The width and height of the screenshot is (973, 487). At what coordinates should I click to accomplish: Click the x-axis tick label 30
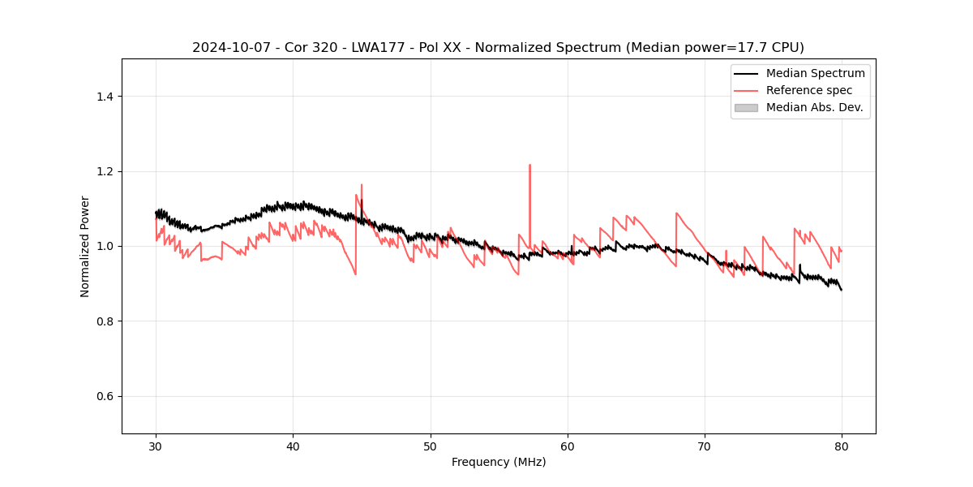click(156, 446)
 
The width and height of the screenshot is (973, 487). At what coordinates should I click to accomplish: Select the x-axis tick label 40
click(294, 446)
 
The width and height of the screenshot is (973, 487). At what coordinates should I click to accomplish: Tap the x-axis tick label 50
click(431, 446)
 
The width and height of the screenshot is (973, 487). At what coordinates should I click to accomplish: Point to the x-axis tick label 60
click(568, 446)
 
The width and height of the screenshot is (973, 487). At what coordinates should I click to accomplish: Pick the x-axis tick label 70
click(705, 446)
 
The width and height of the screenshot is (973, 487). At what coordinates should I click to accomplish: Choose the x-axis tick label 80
click(842, 446)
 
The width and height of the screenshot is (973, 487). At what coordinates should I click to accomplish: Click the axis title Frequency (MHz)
click(499, 462)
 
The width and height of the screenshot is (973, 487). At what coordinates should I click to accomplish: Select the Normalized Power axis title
click(85, 246)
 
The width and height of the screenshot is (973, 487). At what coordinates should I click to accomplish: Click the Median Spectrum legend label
click(815, 73)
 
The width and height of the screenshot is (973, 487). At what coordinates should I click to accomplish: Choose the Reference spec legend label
click(808, 90)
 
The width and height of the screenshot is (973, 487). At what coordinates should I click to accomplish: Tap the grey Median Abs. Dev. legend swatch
click(746, 107)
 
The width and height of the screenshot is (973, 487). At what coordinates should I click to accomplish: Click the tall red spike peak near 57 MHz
click(529, 165)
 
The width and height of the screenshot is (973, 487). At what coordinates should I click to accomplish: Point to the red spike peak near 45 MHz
click(362, 185)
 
